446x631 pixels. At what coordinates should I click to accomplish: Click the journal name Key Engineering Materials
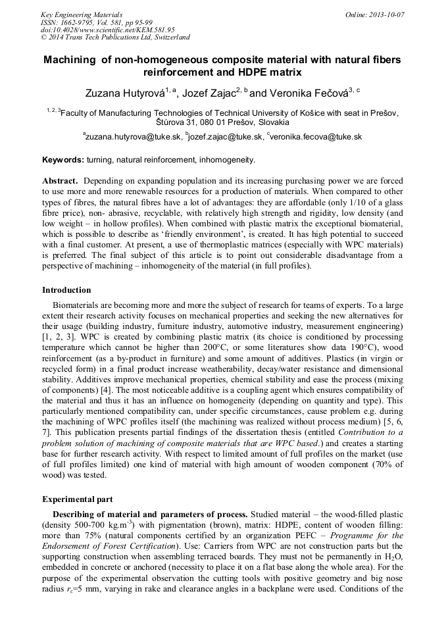(x=82, y=14)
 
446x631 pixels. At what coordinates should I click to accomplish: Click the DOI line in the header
(x=107, y=30)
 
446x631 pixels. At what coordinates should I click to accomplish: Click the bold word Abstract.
(x=61, y=180)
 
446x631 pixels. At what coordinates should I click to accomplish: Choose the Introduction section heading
(x=66, y=290)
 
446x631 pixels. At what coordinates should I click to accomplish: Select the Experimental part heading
(x=77, y=499)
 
